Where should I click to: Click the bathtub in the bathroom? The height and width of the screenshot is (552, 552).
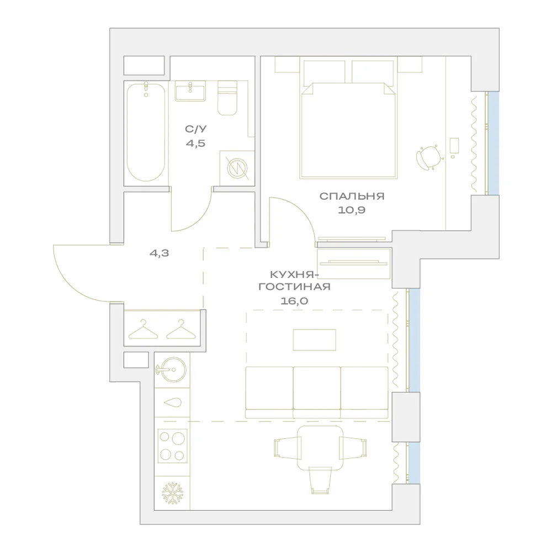(146, 132)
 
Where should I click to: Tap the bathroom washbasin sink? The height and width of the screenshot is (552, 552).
(190, 91)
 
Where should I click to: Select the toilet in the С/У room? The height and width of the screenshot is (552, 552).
(227, 98)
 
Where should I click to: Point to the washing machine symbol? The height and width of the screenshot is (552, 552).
(237, 168)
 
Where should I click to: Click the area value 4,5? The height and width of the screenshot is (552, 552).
(196, 144)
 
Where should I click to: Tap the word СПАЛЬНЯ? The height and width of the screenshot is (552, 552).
(352, 196)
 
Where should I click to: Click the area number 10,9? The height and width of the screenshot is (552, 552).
(352, 210)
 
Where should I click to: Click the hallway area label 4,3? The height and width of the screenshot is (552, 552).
(159, 253)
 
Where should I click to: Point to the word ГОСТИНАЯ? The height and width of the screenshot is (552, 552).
(295, 286)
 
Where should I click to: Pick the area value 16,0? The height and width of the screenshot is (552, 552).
(294, 301)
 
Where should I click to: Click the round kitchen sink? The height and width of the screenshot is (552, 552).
(172, 369)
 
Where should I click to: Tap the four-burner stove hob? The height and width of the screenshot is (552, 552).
(172, 445)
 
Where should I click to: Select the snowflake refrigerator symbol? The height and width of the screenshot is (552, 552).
(172, 493)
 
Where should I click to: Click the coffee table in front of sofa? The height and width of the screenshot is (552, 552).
(315, 340)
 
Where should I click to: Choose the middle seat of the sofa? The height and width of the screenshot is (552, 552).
(317, 392)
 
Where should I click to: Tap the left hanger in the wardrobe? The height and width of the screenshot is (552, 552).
(144, 330)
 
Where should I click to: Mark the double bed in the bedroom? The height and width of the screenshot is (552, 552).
(348, 130)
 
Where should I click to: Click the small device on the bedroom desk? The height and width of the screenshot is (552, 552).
(454, 147)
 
